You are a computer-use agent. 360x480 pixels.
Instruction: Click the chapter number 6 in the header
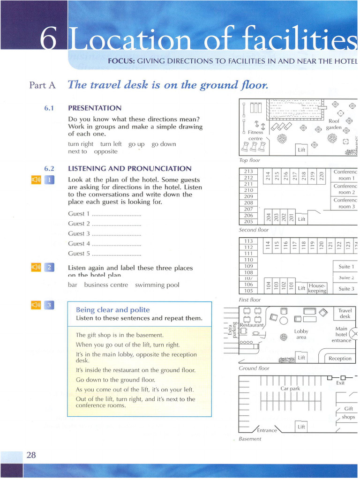click(x=49, y=39)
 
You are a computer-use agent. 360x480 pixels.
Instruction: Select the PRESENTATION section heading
click(x=94, y=108)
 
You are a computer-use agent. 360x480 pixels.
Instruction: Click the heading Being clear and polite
click(x=112, y=310)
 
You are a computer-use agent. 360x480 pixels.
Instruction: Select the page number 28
click(x=31, y=455)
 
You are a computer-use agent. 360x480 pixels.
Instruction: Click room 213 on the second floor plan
click(x=248, y=172)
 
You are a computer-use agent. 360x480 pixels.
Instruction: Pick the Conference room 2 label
click(x=346, y=189)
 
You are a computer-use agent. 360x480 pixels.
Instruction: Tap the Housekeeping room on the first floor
click(x=317, y=288)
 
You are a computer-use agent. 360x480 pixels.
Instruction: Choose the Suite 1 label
click(x=346, y=267)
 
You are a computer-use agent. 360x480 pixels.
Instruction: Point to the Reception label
click(x=340, y=359)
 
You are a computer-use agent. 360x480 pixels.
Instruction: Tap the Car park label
click(x=290, y=389)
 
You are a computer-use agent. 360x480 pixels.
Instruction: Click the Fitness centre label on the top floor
click(x=255, y=135)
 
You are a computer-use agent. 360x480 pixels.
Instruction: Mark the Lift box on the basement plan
click(x=301, y=427)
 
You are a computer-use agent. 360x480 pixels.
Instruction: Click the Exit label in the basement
click(x=340, y=383)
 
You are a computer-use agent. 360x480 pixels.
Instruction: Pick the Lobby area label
click(x=301, y=334)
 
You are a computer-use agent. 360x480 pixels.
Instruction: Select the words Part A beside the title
click(x=42, y=85)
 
